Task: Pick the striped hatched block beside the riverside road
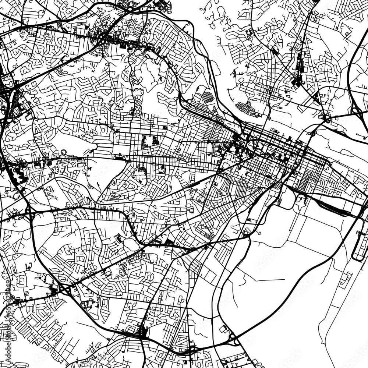point(208,98)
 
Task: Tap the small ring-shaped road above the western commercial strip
point(64,152)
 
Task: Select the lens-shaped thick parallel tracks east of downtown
point(331,208)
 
